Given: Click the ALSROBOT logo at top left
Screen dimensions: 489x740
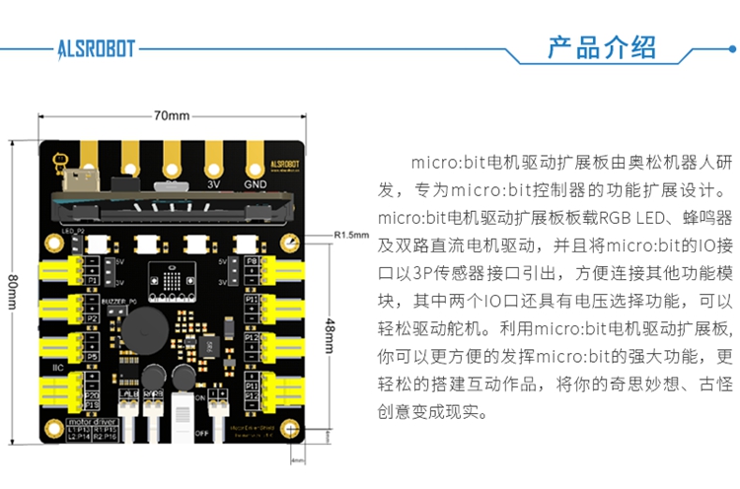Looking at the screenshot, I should pos(96,46).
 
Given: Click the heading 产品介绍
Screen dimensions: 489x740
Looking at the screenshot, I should pos(601,47).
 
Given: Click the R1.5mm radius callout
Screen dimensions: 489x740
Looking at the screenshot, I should pos(351,236).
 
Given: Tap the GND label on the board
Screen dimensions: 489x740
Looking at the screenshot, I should pos(254,183).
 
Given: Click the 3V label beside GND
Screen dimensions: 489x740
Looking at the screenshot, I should pos(212,183).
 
